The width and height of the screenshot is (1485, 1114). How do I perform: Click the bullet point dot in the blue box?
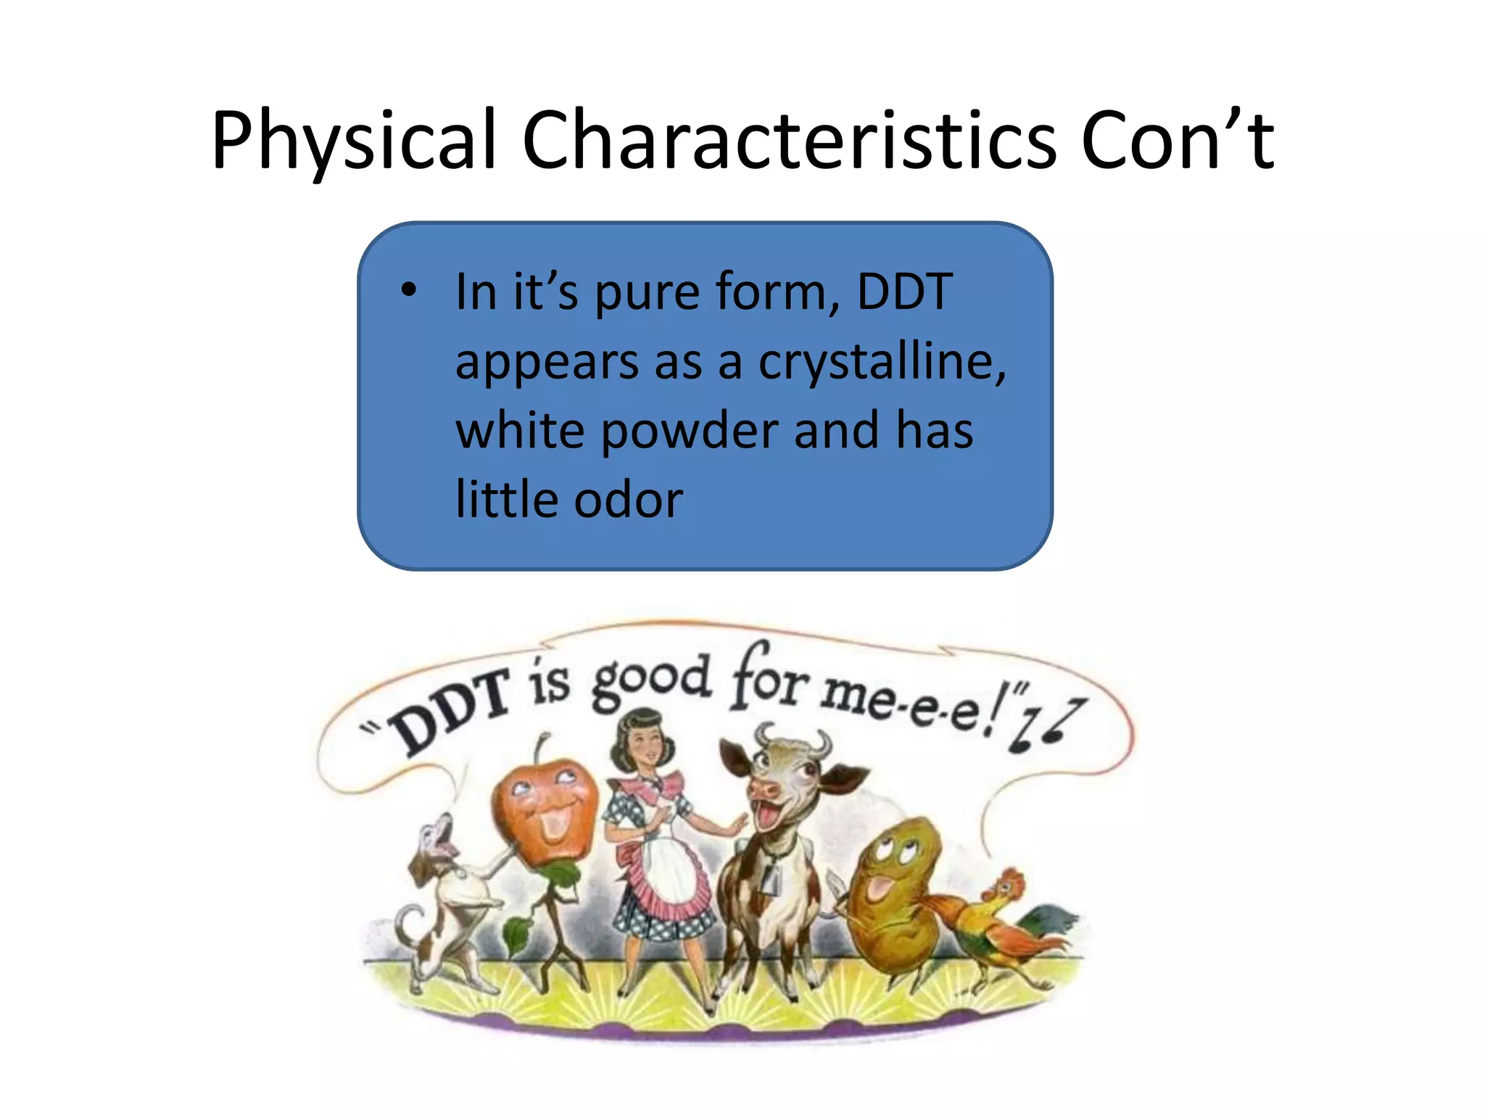pyautogui.click(x=409, y=290)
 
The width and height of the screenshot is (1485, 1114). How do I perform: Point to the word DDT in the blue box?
pyautogui.click(x=904, y=292)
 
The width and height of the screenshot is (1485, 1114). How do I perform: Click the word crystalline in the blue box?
pyautogui.click(x=882, y=362)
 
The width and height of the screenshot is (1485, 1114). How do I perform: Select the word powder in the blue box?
pyautogui.click(x=690, y=431)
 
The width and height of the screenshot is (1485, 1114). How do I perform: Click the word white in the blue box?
pyautogui.click(x=519, y=431)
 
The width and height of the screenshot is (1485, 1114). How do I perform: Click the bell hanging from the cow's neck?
pyautogui.click(x=770, y=878)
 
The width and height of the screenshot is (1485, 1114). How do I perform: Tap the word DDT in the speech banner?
pyautogui.click(x=450, y=711)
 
